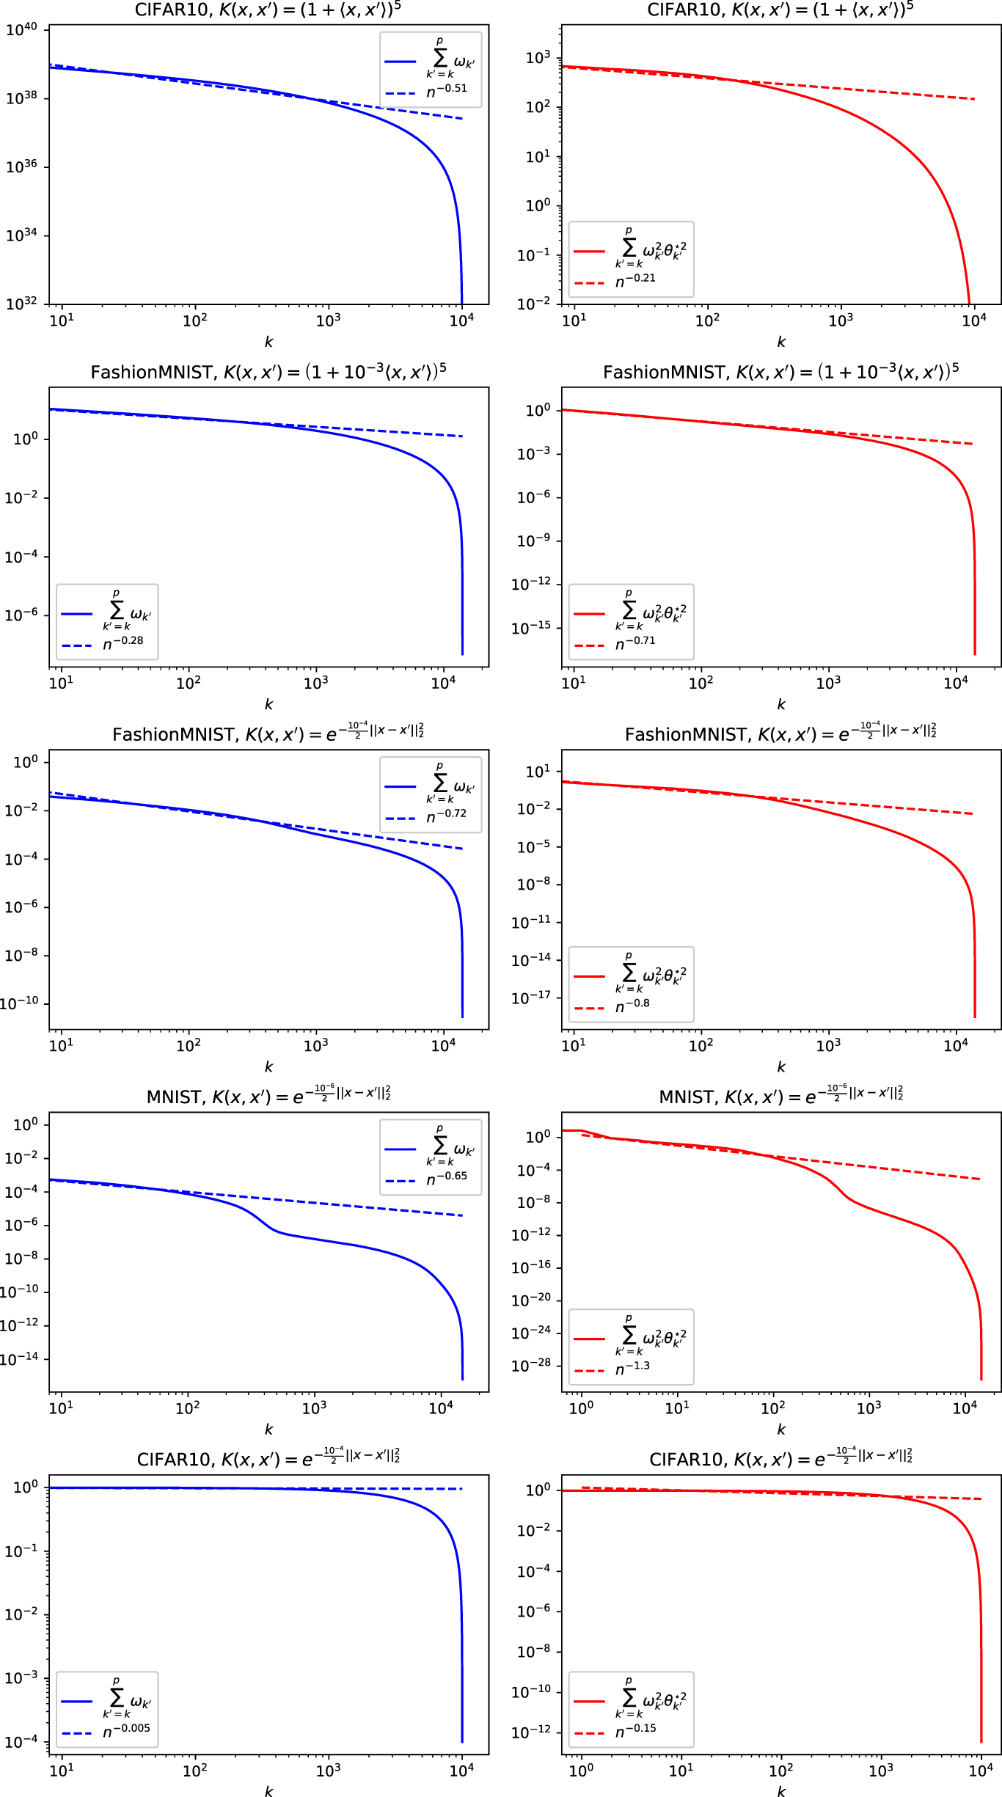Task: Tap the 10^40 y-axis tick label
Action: [21, 29]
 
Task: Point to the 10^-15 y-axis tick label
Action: [530, 628]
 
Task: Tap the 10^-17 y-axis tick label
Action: [530, 998]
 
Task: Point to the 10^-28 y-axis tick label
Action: [530, 1366]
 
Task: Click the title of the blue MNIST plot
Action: [268, 1096]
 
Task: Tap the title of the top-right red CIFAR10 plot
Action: [780, 10]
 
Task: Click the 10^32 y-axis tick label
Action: [21, 304]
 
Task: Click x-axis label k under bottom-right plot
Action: [781, 1791]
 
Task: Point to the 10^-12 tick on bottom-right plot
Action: [530, 1732]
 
